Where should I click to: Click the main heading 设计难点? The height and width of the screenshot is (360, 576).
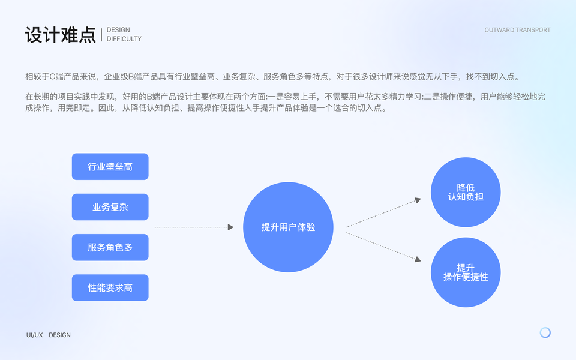coord(60,35)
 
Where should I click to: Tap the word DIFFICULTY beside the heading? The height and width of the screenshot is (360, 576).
coord(124,39)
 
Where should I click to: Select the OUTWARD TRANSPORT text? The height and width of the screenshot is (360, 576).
coord(517,30)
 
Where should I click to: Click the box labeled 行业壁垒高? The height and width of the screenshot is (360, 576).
coord(110,167)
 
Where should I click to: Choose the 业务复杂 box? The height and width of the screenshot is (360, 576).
coord(110,207)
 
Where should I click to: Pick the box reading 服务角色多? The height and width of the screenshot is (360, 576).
coord(110,247)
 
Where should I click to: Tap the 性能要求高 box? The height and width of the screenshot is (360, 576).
coord(110,288)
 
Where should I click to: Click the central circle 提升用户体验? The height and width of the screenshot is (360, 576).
coord(288,227)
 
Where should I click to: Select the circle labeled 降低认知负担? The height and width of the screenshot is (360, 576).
coord(466,192)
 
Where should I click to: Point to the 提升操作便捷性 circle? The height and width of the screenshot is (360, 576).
coord(466,272)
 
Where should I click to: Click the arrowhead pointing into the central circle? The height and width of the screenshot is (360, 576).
coord(230,227)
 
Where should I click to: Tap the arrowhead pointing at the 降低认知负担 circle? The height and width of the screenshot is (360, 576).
coord(417,200)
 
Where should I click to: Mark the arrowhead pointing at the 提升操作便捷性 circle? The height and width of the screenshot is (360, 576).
coord(417,259)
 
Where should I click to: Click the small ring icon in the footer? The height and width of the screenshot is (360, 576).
coord(545,332)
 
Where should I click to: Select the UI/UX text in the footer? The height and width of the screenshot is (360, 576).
coord(34,335)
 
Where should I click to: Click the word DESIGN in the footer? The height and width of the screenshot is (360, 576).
coord(59,335)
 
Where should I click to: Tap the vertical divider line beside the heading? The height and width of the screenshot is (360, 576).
coord(101,34)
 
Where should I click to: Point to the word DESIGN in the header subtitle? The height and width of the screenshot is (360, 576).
coord(118,30)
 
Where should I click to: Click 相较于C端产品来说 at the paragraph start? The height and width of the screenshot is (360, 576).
coord(58,77)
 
